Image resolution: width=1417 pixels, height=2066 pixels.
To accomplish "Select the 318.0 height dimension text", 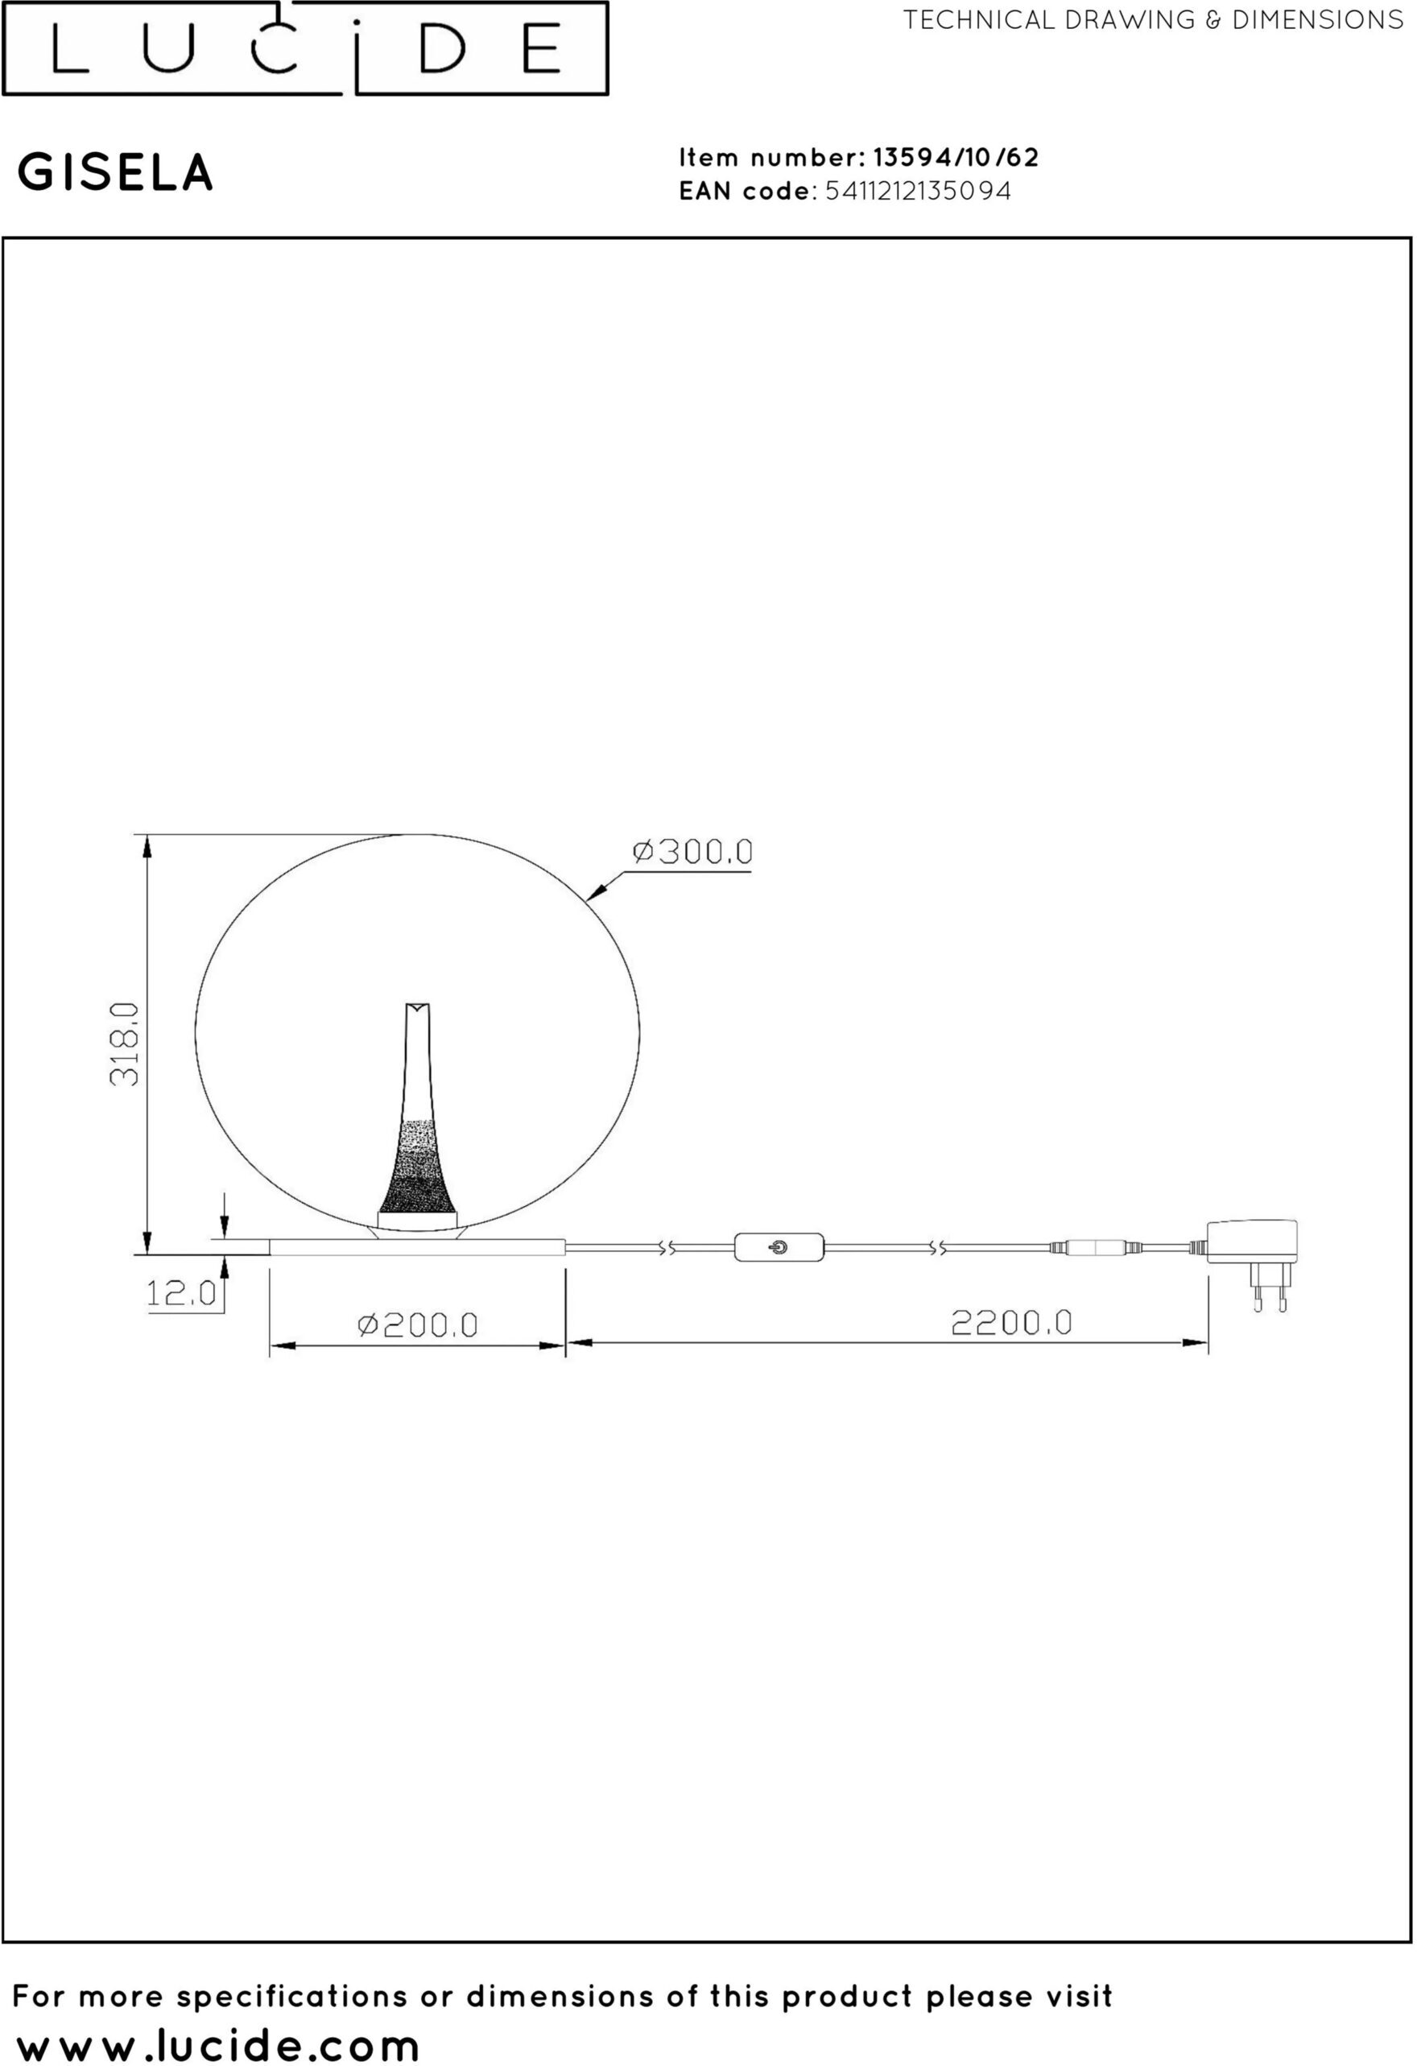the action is pyautogui.click(x=126, y=1043).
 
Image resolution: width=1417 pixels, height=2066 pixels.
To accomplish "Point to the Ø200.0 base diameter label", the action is pyautogui.click(x=418, y=1325).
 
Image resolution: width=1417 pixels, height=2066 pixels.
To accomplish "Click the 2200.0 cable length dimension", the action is pyautogui.click(x=1012, y=1323).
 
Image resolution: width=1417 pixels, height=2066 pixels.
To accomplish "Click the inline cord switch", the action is pyautogui.click(x=779, y=1247).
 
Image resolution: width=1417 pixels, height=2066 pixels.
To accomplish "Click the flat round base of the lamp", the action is pyautogui.click(x=418, y=1246).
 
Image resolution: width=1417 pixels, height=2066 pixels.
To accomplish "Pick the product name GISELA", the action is pyautogui.click(x=116, y=172).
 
